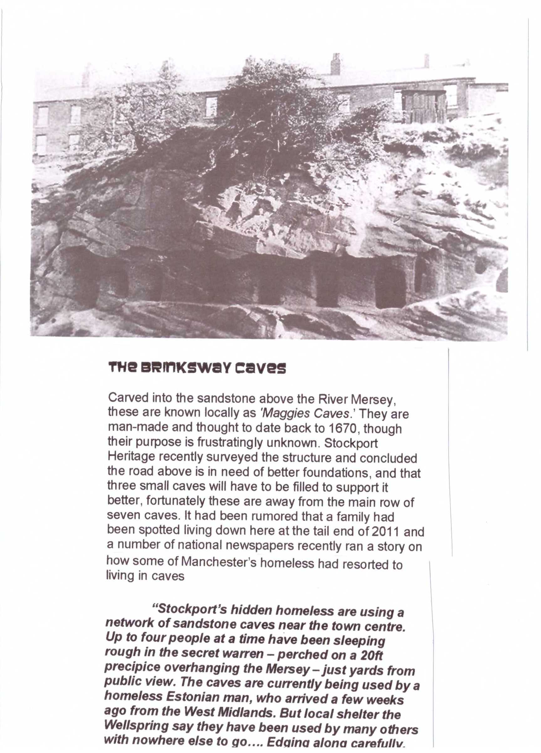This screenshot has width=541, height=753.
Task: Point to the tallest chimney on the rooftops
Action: (336, 64)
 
